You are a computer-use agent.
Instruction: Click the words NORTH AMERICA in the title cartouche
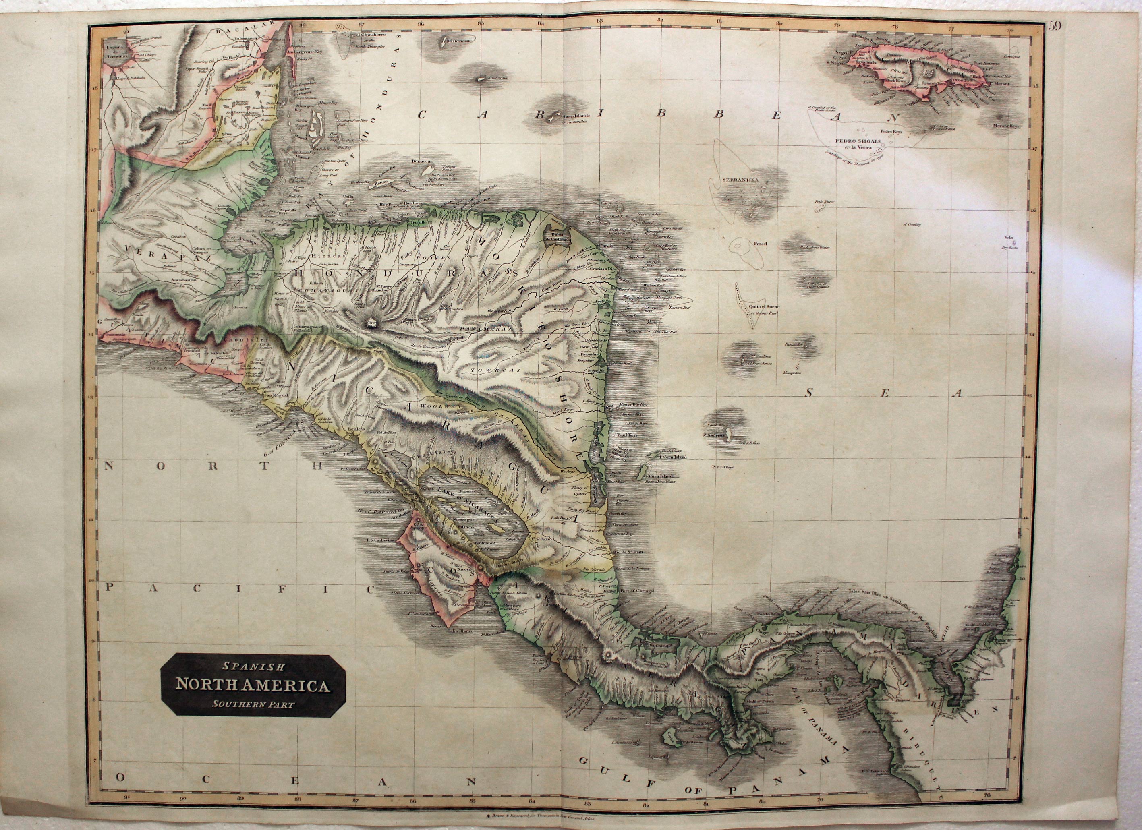253,685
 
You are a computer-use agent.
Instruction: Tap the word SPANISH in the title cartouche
254,667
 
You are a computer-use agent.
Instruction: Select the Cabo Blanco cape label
459,631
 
